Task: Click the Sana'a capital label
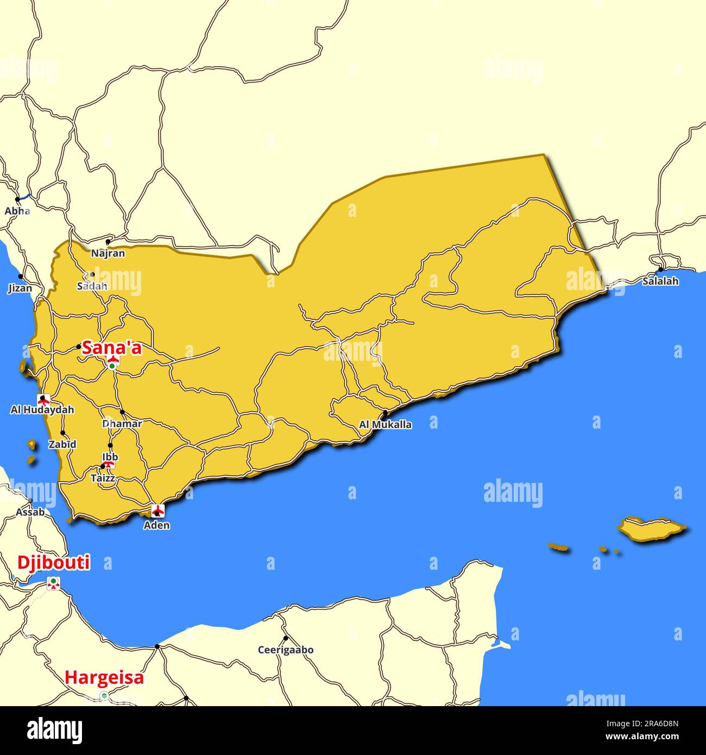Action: (x=111, y=348)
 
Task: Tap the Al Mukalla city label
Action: (x=385, y=425)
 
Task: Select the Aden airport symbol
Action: (x=157, y=510)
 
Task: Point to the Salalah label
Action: (x=660, y=281)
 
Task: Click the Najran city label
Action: (x=108, y=253)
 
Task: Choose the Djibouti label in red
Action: (x=54, y=563)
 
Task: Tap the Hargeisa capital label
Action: (x=104, y=677)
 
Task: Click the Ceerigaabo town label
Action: (x=286, y=650)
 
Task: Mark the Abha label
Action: (x=17, y=211)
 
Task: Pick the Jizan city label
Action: (x=20, y=288)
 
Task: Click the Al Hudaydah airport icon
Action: (x=43, y=400)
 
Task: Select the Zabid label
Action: (x=62, y=444)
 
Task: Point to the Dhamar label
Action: (x=122, y=424)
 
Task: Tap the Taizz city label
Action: (x=103, y=479)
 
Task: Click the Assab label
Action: (x=30, y=512)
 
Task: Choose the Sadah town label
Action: (x=92, y=286)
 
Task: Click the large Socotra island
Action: (x=651, y=528)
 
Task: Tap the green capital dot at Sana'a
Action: (x=112, y=367)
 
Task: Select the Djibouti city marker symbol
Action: (x=53, y=583)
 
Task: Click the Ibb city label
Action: (x=110, y=457)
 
